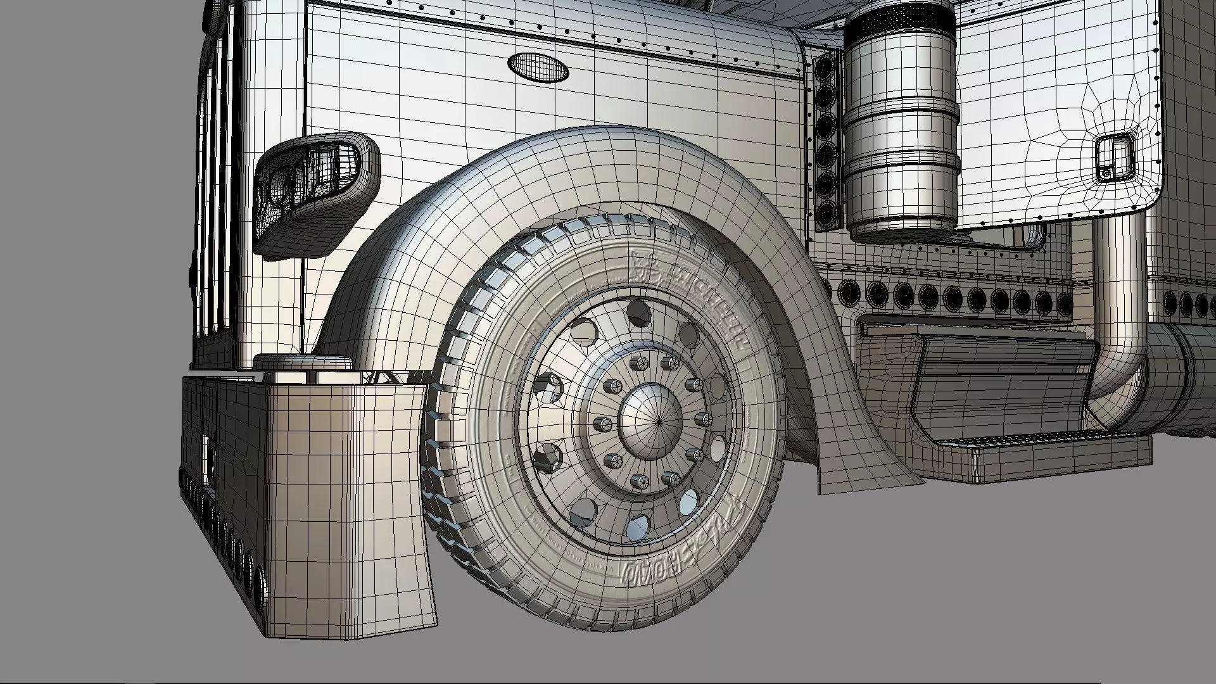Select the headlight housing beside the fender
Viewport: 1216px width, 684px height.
click(315, 190)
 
